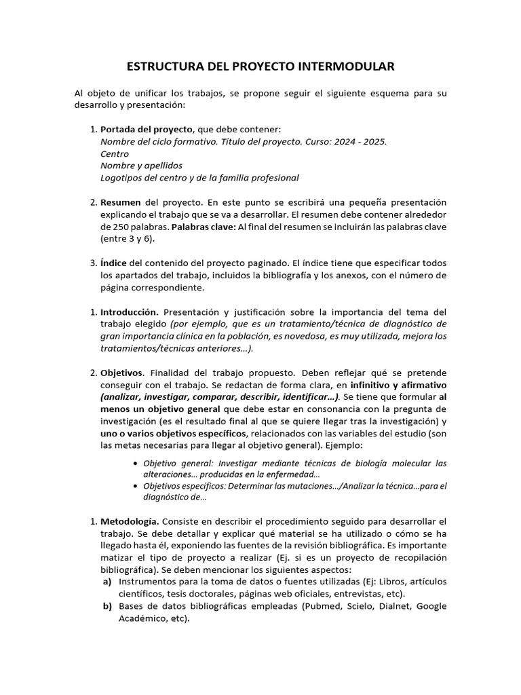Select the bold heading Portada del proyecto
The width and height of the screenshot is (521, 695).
(146, 129)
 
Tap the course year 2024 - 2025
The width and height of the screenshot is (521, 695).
(361, 141)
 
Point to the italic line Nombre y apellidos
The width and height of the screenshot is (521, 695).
(141, 166)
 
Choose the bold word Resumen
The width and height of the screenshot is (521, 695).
(121, 202)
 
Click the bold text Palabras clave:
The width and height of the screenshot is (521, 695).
(202, 227)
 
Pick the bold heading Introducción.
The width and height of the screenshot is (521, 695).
(130, 312)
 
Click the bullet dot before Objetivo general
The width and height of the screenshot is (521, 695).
(136, 464)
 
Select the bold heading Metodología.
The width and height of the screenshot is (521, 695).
(130, 521)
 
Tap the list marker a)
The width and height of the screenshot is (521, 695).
(107, 582)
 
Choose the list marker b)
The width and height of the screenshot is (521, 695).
(107, 607)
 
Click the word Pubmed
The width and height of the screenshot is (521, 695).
(323, 607)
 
